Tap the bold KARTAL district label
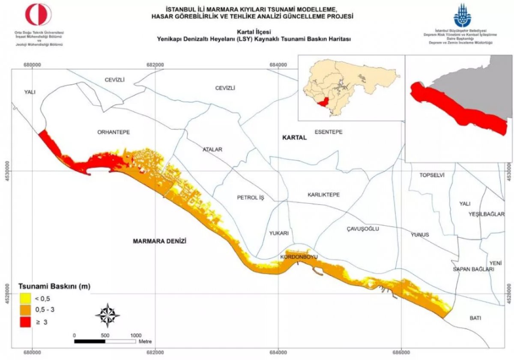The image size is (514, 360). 294,138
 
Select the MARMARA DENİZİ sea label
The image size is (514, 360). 160,241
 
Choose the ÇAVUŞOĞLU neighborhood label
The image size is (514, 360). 363,229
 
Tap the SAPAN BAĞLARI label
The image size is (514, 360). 473,269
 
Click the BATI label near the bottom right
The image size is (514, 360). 475,318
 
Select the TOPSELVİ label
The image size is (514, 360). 432,176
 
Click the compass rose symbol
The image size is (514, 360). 108,315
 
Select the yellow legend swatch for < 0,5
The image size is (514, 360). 26,298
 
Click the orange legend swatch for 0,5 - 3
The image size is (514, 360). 26,309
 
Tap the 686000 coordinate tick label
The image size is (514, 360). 401,353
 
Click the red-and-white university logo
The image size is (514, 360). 39,15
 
